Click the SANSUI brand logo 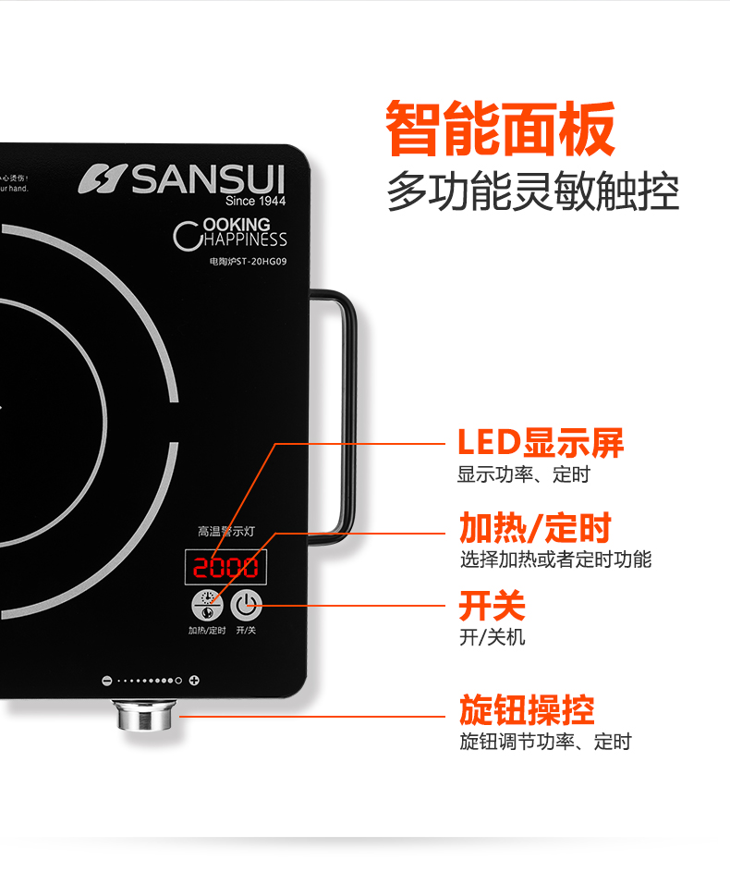pos(182,179)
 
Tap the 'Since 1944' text pos(256,201)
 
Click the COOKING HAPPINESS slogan pos(231,232)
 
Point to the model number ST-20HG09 pos(248,262)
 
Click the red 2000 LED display pos(225,567)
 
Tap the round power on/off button pos(246,606)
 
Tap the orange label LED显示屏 pos(541,443)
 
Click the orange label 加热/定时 pos(536,528)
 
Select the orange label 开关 pos(492,606)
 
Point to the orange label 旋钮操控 pos(527,709)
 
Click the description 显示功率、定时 pos(523,475)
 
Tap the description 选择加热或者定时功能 pos(555,559)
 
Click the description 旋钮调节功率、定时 pos(545,741)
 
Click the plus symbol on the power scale pos(194,682)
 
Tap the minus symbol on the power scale pos(106,682)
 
